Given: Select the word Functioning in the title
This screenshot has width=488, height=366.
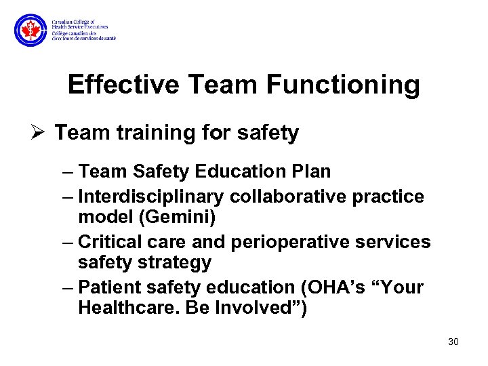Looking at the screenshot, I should pos(343,85).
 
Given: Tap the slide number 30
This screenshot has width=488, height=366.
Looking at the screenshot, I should pos(453,342).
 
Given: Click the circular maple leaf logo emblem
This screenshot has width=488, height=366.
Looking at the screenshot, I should pos(31,30).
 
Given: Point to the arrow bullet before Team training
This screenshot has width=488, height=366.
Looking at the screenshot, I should pos(39,133).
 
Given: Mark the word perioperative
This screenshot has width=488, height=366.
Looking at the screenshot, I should pos(303,242).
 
